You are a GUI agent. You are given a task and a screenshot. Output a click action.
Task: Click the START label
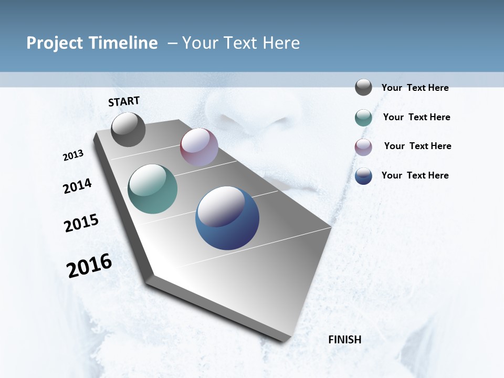coord(124,101)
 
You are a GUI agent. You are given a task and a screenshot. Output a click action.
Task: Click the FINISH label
coord(345,340)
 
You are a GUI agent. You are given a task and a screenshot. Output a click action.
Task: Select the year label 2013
coord(73,155)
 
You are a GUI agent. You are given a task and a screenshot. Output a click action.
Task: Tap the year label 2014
coord(78,186)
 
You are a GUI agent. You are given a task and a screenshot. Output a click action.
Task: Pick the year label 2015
coord(81,223)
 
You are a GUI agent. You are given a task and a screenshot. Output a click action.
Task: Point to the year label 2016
coord(89,266)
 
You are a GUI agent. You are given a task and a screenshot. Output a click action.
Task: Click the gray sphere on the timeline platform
coord(128,130)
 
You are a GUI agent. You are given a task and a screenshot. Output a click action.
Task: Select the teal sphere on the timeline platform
coord(152,189)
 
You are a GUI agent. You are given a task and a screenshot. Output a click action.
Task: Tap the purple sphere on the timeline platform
coord(199,147)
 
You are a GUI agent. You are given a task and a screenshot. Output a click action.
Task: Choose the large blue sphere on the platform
coord(227,218)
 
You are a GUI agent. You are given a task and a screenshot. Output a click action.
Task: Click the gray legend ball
coord(363,88)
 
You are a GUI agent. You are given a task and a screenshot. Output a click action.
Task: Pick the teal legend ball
coord(363,118)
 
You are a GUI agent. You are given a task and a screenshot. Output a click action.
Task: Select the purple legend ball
coord(363,147)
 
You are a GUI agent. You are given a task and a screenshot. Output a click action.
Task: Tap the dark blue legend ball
coord(363,176)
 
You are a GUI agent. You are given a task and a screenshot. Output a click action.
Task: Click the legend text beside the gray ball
coord(415,88)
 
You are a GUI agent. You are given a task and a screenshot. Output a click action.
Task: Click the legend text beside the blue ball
coord(415,175)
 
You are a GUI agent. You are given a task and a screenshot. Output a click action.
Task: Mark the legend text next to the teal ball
coord(416,117)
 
